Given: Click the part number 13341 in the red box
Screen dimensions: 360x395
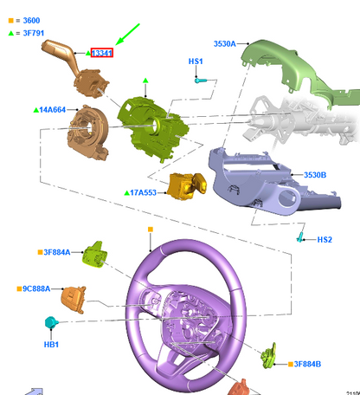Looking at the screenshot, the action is (x=101, y=53).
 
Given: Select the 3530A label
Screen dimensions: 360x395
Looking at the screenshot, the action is (x=225, y=43).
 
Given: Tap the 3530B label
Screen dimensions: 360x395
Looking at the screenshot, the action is (x=315, y=175).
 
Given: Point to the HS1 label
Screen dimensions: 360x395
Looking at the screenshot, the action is (x=196, y=62).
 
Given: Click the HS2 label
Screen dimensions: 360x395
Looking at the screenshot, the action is (x=325, y=240).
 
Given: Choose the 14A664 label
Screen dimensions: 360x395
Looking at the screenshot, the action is (x=53, y=110).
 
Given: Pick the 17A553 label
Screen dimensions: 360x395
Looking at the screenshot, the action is (x=144, y=192).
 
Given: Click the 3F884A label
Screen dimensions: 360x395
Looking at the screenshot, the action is (x=57, y=252).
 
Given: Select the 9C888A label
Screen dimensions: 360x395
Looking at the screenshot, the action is (x=36, y=288).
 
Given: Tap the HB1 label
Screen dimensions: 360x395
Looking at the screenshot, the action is (x=51, y=345).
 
